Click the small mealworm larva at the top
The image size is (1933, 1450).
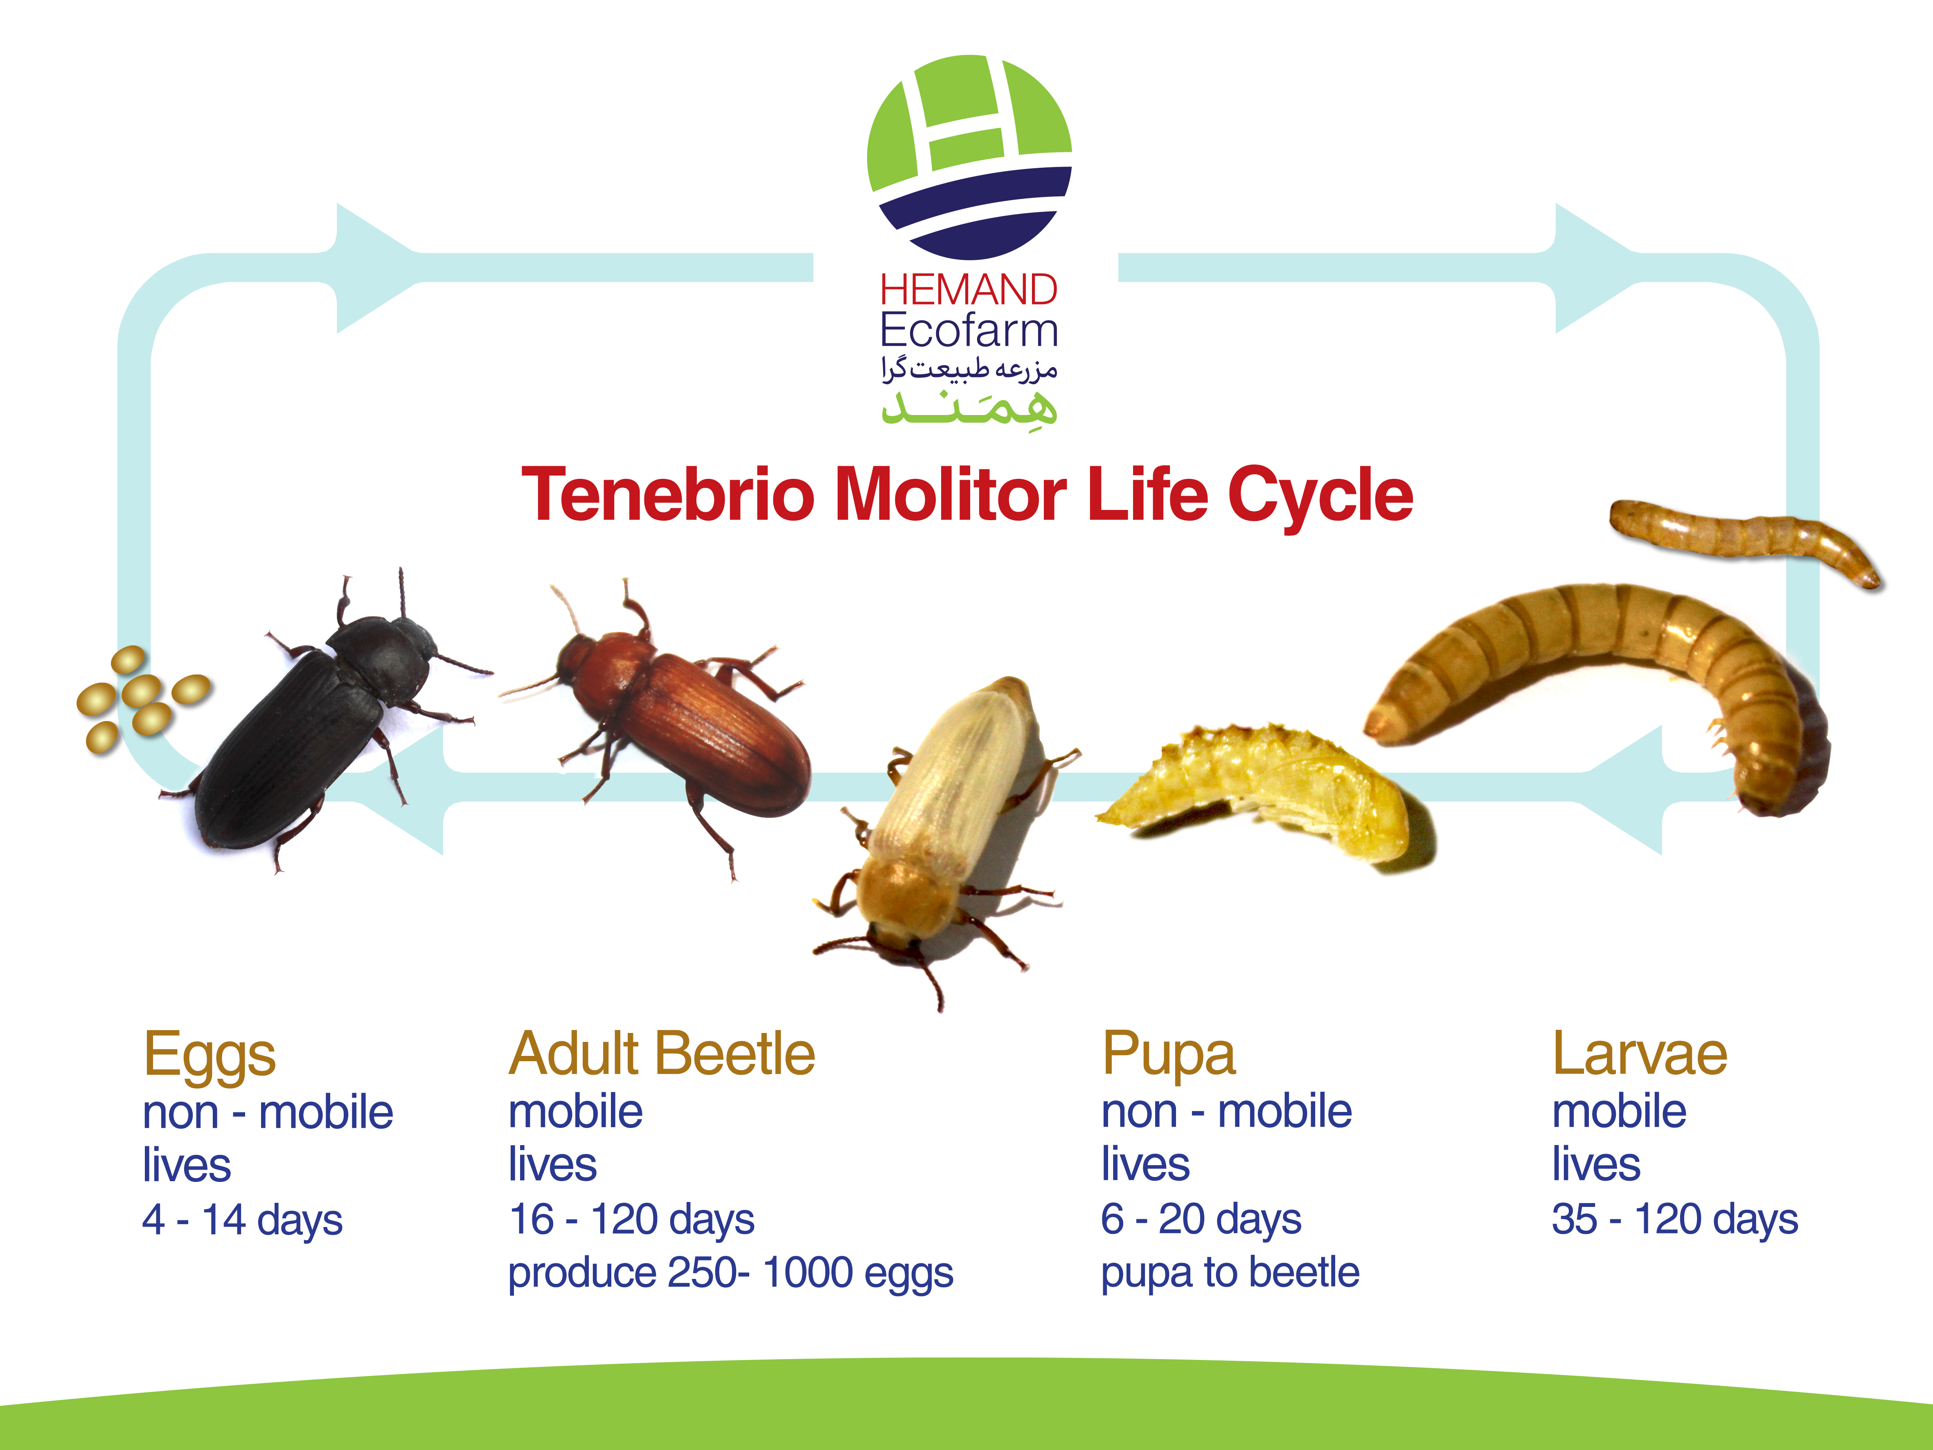(x=1744, y=537)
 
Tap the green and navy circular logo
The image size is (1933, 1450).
(x=969, y=157)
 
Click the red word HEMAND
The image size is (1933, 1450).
(x=968, y=290)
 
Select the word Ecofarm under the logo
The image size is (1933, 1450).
(x=968, y=330)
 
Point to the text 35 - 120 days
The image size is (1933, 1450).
(x=1674, y=1220)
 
